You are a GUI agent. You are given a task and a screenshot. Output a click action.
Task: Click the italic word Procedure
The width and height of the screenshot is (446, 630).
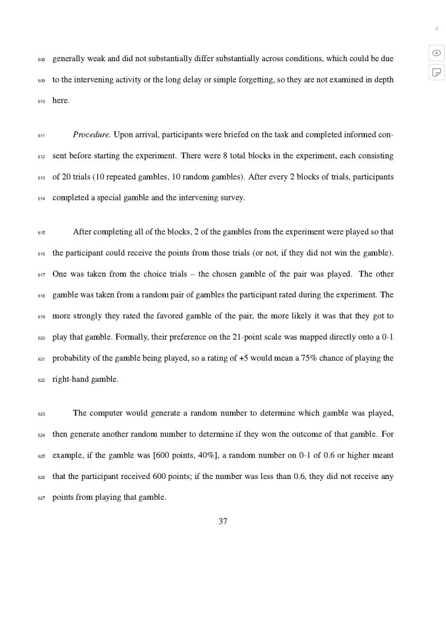[x=92, y=135]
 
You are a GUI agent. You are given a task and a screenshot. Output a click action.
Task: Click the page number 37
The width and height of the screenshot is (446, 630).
[x=223, y=521]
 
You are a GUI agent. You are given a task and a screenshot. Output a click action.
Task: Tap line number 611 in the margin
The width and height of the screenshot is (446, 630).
[x=42, y=135]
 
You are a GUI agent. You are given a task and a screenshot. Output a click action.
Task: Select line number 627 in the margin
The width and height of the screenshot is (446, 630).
[x=42, y=497]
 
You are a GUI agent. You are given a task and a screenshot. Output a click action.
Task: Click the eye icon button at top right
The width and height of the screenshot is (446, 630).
[x=436, y=53]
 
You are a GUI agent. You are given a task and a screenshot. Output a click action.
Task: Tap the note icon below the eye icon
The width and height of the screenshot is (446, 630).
[x=436, y=72]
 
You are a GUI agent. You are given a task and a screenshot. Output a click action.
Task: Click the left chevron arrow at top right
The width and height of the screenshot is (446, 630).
[x=436, y=29]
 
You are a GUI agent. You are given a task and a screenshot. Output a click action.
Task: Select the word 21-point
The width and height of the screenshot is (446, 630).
[x=247, y=337]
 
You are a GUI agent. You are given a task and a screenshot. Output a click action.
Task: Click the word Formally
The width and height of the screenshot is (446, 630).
[x=131, y=337]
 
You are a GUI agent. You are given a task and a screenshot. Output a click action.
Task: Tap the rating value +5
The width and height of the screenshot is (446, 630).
[x=243, y=358]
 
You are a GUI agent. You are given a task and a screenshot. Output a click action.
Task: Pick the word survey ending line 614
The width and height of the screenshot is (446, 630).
[x=231, y=198]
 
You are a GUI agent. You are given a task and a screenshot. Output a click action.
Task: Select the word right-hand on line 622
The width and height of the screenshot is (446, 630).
[x=70, y=379]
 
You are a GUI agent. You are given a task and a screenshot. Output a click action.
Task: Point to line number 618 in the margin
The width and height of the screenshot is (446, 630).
[x=42, y=295]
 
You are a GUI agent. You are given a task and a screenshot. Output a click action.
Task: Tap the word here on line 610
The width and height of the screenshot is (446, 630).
[x=60, y=101]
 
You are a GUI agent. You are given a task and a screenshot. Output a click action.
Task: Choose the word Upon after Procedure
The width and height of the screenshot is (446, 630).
[x=123, y=135]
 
